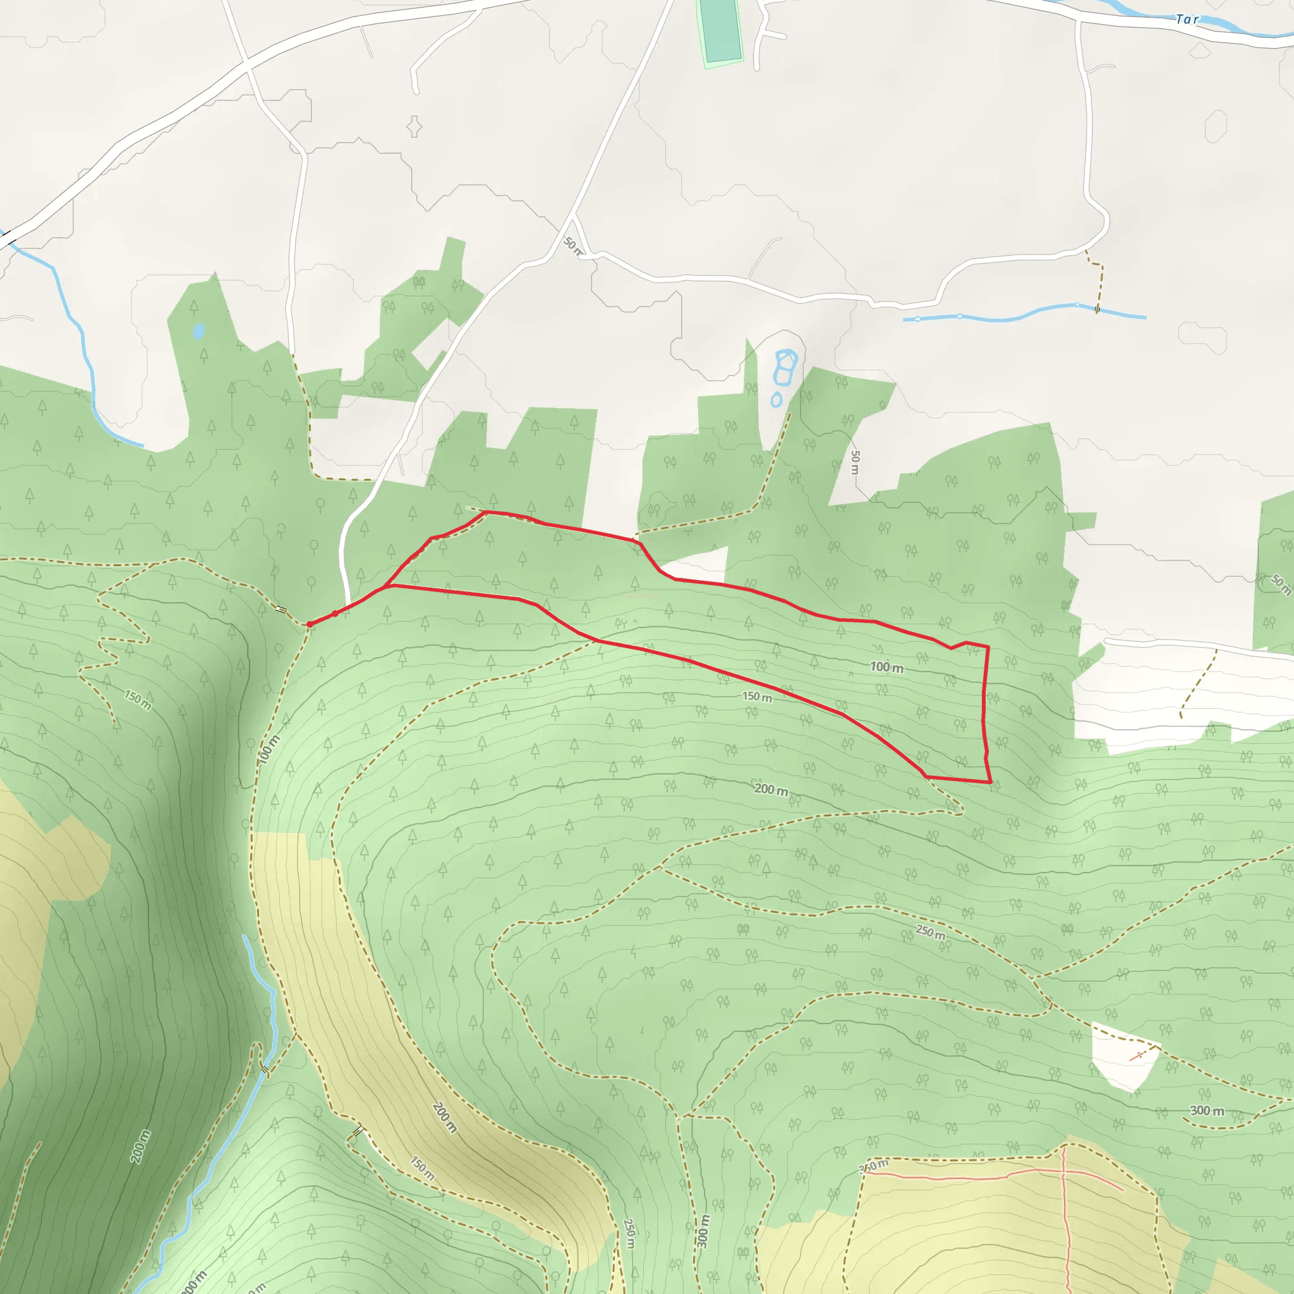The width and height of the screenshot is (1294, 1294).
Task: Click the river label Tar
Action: click(x=1186, y=19)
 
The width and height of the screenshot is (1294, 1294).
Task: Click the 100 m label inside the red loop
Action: click(x=886, y=667)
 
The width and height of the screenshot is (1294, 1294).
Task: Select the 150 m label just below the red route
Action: click(x=757, y=698)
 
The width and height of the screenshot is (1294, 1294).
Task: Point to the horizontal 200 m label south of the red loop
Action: click(x=771, y=790)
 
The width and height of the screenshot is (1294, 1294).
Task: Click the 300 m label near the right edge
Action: click(x=1207, y=1111)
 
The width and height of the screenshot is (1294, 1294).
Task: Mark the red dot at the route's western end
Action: click(x=310, y=624)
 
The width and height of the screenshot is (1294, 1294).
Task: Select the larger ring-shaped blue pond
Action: click(x=784, y=366)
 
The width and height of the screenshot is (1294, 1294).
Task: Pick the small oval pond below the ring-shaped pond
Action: click(x=777, y=400)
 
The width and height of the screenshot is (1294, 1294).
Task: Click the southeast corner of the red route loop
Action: click(x=990, y=782)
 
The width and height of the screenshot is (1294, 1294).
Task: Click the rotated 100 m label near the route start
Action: click(x=269, y=749)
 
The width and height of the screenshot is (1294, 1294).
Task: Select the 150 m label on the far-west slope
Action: click(x=138, y=700)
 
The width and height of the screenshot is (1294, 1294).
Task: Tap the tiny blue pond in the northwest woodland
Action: click(x=198, y=331)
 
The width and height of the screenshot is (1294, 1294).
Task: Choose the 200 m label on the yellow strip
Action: click(x=445, y=1117)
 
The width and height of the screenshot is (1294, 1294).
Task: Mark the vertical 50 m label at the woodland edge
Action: click(x=855, y=462)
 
